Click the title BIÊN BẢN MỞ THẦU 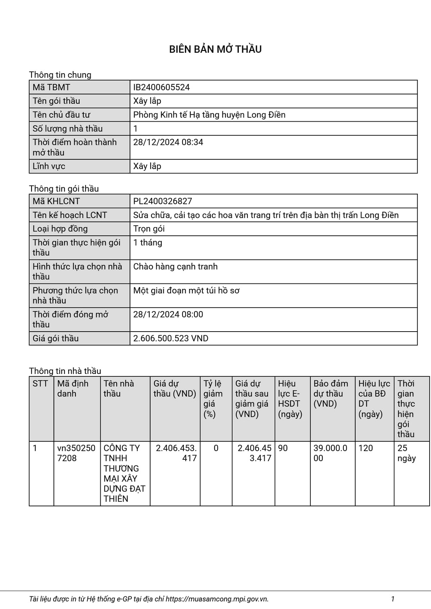coord(215,49)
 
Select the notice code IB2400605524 coord(161,87)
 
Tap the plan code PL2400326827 coord(162,201)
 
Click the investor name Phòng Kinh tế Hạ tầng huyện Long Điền coord(209,115)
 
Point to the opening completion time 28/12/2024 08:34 coord(168,142)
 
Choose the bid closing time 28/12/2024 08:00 coord(168,314)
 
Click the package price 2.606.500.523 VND coord(171,338)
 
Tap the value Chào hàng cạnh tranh coord(175,267)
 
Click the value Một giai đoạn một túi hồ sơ coord(186,291)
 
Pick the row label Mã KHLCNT coord(56,201)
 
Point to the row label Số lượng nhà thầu coord(68,128)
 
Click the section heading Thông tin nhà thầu coord(65,371)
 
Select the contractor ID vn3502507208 coord(76,453)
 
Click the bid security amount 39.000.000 coord(330,453)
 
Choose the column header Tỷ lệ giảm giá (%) coord(213,398)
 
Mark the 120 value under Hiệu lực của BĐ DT coord(366,448)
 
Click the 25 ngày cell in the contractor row coord(406,453)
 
